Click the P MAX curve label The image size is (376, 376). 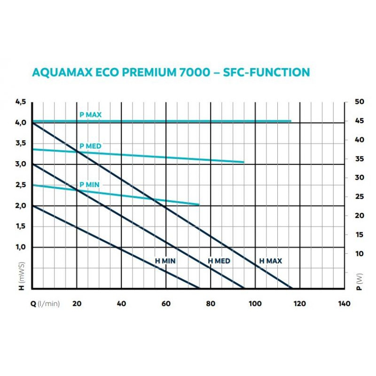point(91,115)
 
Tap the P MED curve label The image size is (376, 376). point(90,146)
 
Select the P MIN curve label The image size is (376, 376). point(89,185)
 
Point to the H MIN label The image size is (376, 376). point(165,261)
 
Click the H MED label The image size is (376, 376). point(219,261)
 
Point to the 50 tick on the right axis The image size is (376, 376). point(359,102)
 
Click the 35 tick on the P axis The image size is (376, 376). point(359,159)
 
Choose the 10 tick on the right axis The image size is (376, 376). point(359,254)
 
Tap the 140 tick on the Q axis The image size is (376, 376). point(344,304)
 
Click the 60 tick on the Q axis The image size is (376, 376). point(166,304)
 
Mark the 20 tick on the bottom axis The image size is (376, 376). point(77,304)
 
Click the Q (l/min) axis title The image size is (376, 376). point(45,304)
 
